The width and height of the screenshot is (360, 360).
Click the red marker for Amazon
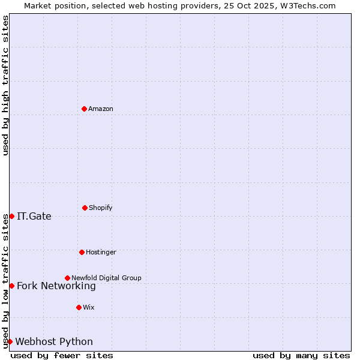[84, 109]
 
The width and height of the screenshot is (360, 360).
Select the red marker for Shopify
[85, 208]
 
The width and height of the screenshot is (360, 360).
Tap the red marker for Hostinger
[82, 252]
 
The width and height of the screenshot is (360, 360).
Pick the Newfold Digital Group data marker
[67, 278]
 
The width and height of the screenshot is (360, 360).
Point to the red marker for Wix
[79, 307]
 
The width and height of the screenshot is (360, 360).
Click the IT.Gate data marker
[11, 216]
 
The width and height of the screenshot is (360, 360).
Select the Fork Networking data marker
[11, 286]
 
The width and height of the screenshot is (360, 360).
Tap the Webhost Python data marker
[10, 341]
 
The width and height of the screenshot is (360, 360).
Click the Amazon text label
[101, 109]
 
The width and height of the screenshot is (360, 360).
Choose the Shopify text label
[101, 208]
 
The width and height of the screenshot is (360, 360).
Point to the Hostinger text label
[101, 252]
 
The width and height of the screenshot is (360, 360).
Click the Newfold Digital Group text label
[106, 278]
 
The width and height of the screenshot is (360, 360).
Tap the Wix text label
[89, 307]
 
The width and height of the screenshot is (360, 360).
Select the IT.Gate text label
[34, 217]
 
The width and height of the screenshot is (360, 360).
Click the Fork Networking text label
[56, 286]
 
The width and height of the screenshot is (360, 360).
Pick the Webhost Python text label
[54, 342]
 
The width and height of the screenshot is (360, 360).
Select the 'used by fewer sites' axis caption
[62, 355]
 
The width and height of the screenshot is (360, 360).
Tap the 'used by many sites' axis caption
[301, 355]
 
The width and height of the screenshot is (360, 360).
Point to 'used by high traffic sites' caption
[5, 85]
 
